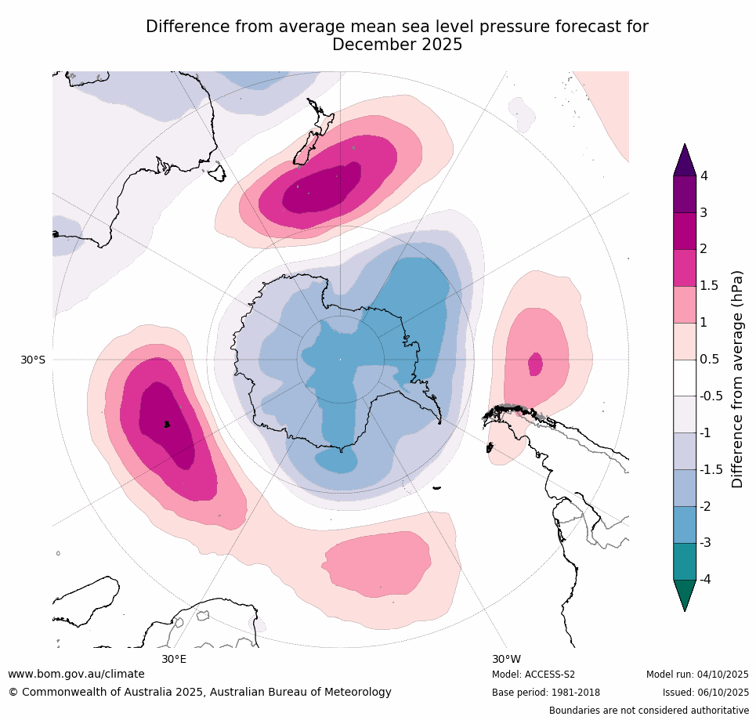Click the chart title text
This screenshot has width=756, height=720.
(x=397, y=35)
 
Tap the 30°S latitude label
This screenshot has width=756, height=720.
(x=33, y=360)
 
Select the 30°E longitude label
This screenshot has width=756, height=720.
(x=174, y=659)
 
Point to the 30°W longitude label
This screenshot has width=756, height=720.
(x=506, y=659)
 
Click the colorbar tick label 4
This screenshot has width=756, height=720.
(x=704, y=175)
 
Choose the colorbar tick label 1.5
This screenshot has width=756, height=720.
(x=708, y=285)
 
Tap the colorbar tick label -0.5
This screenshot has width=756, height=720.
(x=711, y=396)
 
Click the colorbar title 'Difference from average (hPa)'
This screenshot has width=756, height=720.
(x=737, y=379)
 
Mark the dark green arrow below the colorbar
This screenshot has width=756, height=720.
(x=685, y=593)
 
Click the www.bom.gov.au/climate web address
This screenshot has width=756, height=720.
(x=76, y=674)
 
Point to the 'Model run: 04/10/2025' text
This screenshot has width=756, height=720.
(x=697, y=675)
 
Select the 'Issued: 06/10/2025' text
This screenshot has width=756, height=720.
(x=704, y=693)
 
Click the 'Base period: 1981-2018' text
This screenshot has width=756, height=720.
(x=545, y=693)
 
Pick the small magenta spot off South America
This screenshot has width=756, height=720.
(x=536, y=364)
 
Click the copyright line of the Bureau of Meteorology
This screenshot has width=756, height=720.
(x=200, y=692)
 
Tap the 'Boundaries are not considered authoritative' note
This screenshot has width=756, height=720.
(x=649, y=711)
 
